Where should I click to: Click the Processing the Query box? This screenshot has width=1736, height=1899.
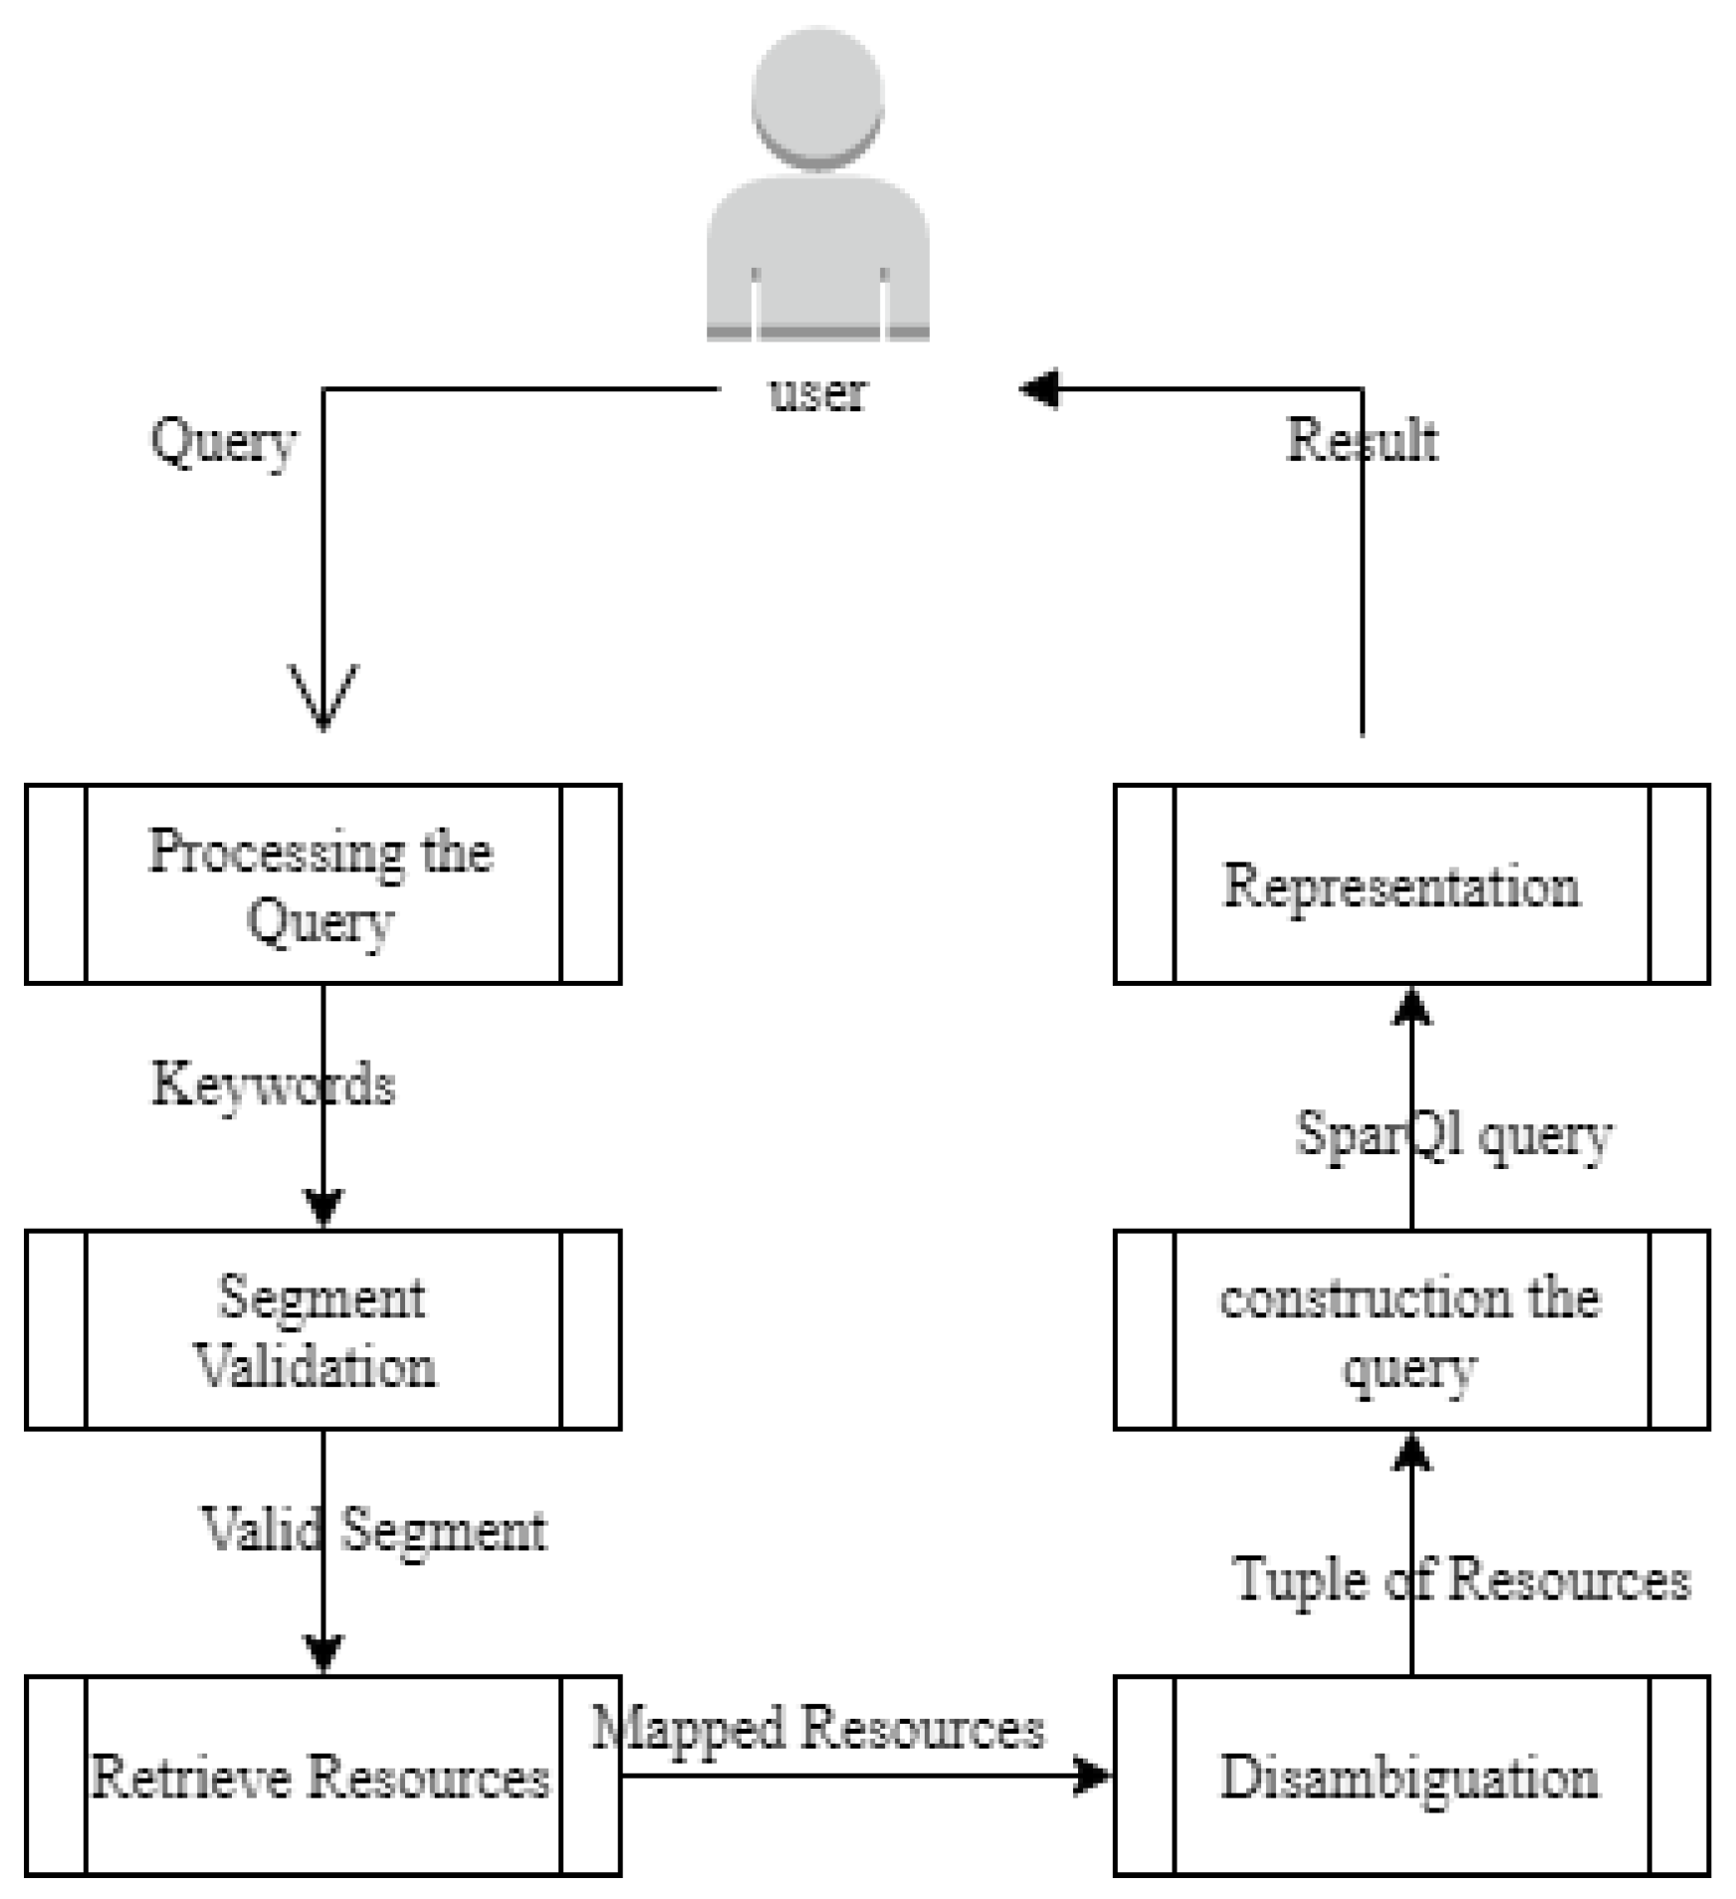click(x=323, y=884)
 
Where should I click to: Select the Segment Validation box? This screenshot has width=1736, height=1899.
click(x=323, y=1330)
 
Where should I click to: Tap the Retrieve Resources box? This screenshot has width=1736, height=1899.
click(x=323, y=1777)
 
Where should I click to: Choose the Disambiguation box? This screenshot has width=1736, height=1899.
click(x=1411, y=1777)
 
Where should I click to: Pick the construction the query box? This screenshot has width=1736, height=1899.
click(x=1411, y=1330)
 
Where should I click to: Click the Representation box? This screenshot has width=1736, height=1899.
click(x=1411, y=884)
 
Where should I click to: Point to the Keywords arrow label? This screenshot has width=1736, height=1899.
click(x=273, y=1084)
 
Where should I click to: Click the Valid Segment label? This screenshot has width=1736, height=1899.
click(x=374, y=1531)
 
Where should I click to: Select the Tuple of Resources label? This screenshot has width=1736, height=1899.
click(x=1461, y=1579)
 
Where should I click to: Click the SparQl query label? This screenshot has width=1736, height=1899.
click(x=1453, y=1135)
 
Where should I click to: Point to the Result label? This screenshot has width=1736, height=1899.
click(x=1362, y=440)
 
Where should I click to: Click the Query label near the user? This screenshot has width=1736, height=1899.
click(x=223, y=440)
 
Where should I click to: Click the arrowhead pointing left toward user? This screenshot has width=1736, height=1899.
click(x=1039, y=388)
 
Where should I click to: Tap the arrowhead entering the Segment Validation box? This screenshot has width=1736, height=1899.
click(x=324, y=1208)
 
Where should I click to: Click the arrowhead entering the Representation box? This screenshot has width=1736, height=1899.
click(x=1411, y=1007)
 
